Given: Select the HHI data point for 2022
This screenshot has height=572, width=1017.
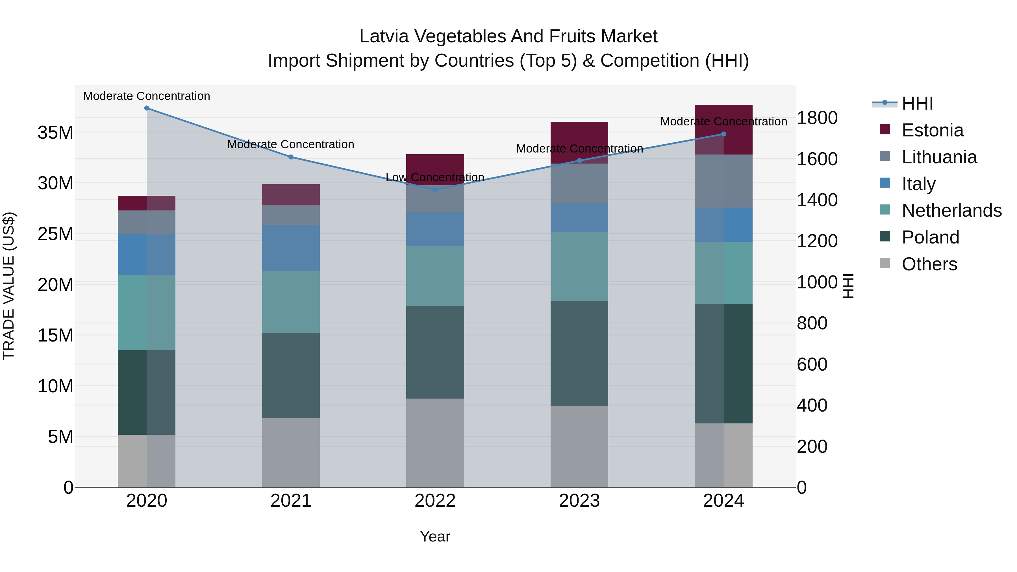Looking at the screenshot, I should pyautogui.click(x=435, y=190).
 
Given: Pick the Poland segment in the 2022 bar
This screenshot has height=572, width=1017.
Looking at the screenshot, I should pyautogui.click(x=435, y=352).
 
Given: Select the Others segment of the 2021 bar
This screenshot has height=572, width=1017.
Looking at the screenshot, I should pyautogui.click(x=291, y=453).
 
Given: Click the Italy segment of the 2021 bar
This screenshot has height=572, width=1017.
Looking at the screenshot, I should pyautogui.click(x=291, y=248).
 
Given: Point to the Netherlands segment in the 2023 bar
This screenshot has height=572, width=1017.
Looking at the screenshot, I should pyautogui.click(x=579, y=266).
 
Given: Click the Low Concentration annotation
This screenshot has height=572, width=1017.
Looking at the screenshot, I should pyautogui.click(x=435, y=178).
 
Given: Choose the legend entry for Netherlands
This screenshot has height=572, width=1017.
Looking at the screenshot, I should pyautogui.click(x=951, y=210).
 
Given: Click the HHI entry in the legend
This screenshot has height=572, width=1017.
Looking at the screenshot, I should pyautogui.click(x=917, y=103).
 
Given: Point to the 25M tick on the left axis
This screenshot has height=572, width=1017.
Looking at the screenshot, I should pyautogui.click(x=55, y=234).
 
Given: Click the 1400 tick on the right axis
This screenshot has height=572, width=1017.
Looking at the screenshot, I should pyautogui.click(x=817, y=200).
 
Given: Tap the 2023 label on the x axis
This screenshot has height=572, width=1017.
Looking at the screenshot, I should pyautogui.click(x=579, y=501).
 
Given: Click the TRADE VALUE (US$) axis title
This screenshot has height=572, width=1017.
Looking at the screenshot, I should pyautogui.click(x=9, y=286).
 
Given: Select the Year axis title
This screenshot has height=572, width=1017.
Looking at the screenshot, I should pyautogui.click(x=435, y=536).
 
